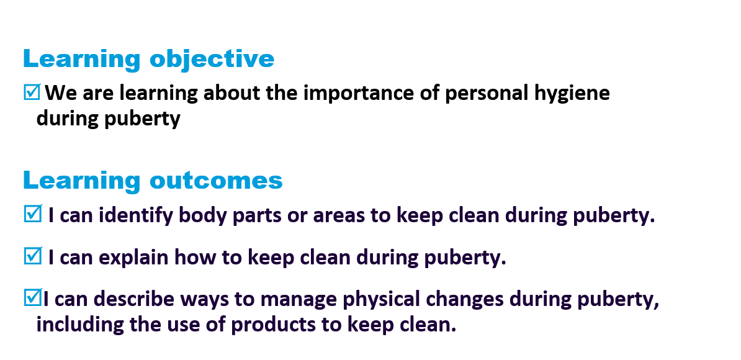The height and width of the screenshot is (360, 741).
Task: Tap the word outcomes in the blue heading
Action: (216, 181)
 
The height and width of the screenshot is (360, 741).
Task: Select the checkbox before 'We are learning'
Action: (32, 92)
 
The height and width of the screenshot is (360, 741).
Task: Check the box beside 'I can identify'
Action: (32, 214)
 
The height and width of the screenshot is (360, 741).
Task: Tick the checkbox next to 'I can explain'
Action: (32, 256)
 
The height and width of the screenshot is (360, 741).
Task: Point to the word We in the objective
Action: (61, 93)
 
